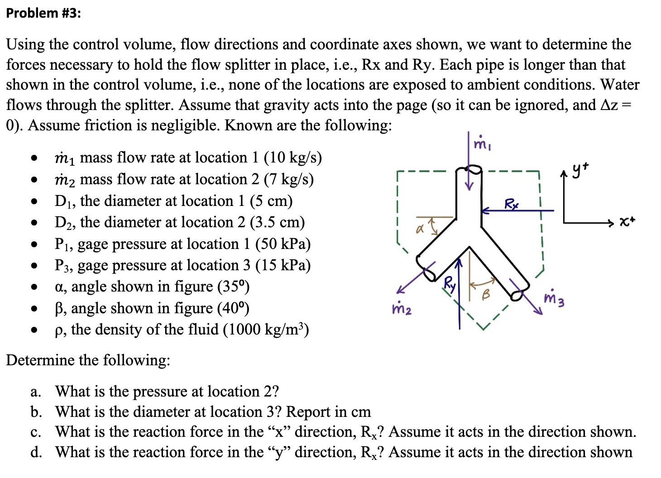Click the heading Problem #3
(43, 13)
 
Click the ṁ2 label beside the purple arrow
(402, 309)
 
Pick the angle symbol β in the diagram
(485, 295)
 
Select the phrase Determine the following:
(88, 360)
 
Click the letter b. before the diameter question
(36, 412)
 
